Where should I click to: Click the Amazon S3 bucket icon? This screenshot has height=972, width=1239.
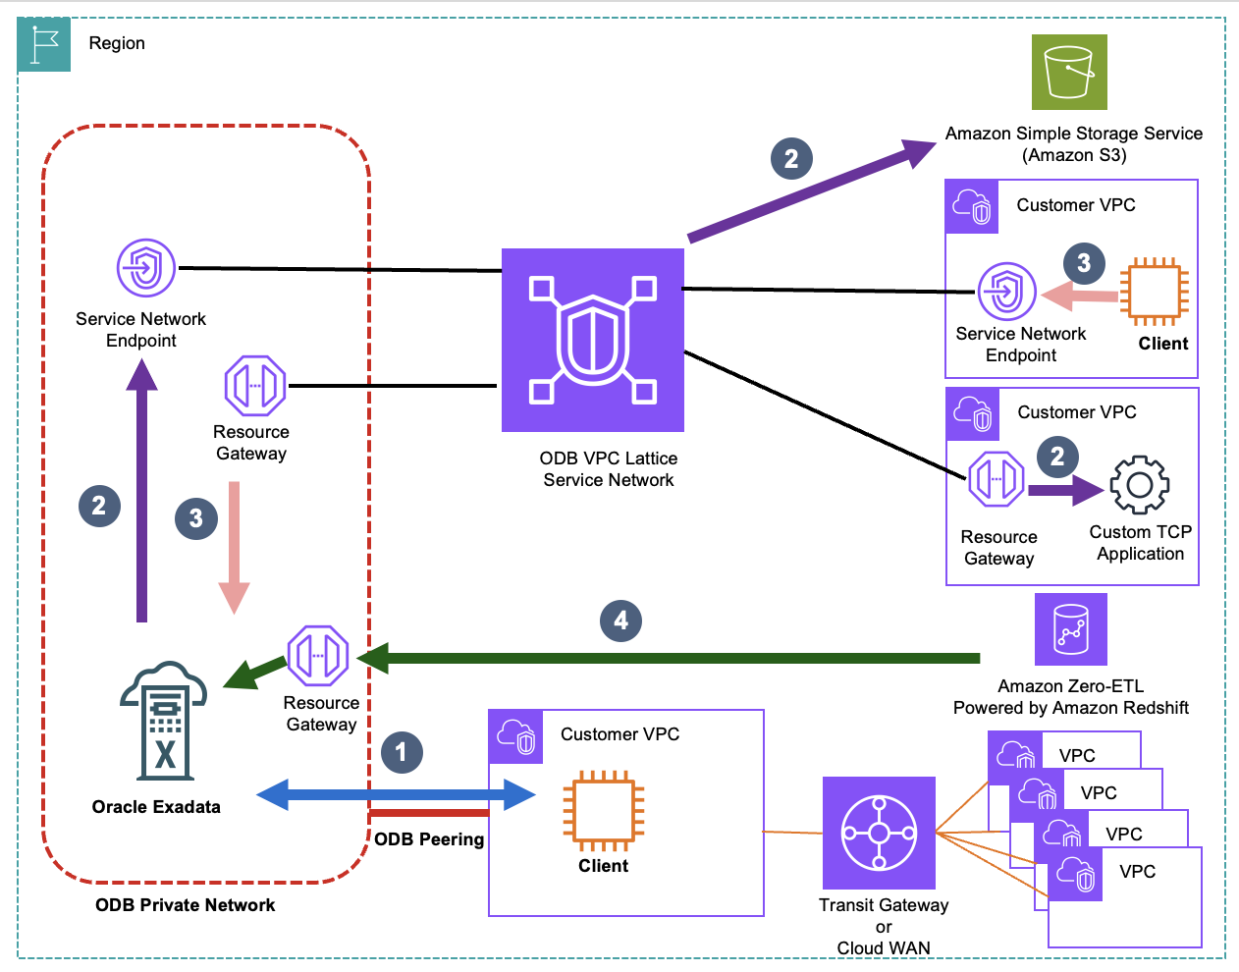(1069, 72)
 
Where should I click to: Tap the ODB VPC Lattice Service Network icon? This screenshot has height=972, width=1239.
(593, 340)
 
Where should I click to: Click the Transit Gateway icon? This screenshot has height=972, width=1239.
(879, 834)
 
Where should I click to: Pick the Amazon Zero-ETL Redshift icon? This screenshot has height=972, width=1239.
(1071, 629)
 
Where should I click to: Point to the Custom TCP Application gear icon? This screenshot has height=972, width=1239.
(1139, 484)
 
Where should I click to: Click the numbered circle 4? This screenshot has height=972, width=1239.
(620, 621)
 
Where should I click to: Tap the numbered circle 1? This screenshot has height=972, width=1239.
(401, 752)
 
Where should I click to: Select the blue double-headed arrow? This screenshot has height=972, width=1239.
(396, 794)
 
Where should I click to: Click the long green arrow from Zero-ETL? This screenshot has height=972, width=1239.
(668, 658)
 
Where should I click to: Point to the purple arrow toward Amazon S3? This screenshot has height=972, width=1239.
(810, 191)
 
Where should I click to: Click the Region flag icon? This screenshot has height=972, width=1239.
(44, 44)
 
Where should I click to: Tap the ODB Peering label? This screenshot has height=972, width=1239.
(429, 839)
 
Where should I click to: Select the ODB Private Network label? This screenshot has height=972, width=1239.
(185, 905)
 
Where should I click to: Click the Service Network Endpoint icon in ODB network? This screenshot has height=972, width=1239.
(146, 267)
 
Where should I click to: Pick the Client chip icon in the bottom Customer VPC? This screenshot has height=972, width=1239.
(604, 810)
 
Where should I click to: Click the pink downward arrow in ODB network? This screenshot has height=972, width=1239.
(234, 546)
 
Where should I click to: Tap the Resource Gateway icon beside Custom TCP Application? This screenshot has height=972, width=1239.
(997, 479)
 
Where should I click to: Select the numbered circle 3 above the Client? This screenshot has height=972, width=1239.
(1084, 262)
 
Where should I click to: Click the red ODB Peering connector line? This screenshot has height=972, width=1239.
(429, 813)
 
